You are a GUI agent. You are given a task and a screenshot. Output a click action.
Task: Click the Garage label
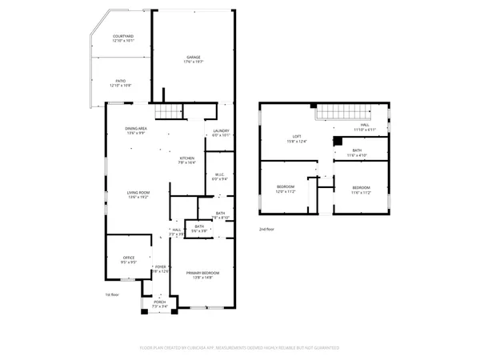[193, 58]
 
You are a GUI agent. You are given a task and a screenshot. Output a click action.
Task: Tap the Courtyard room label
[123, 37]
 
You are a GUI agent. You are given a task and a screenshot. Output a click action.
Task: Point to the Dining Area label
[135, 129]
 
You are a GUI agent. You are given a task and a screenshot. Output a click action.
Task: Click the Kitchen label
[186, 158]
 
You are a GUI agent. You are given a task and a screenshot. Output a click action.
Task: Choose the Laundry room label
[221, 131]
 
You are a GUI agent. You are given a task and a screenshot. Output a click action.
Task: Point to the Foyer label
[161, 266]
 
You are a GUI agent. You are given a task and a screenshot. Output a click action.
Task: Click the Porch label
[160, 302]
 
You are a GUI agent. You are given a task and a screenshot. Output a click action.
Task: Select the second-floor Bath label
[357, 150]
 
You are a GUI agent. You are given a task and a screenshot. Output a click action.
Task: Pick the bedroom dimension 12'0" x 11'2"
[286, 192]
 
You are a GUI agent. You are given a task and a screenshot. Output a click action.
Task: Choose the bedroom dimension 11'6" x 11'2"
[362, 192]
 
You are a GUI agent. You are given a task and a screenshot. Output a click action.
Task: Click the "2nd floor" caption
[266, 229]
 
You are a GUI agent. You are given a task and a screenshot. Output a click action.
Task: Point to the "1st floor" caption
[112, 294]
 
